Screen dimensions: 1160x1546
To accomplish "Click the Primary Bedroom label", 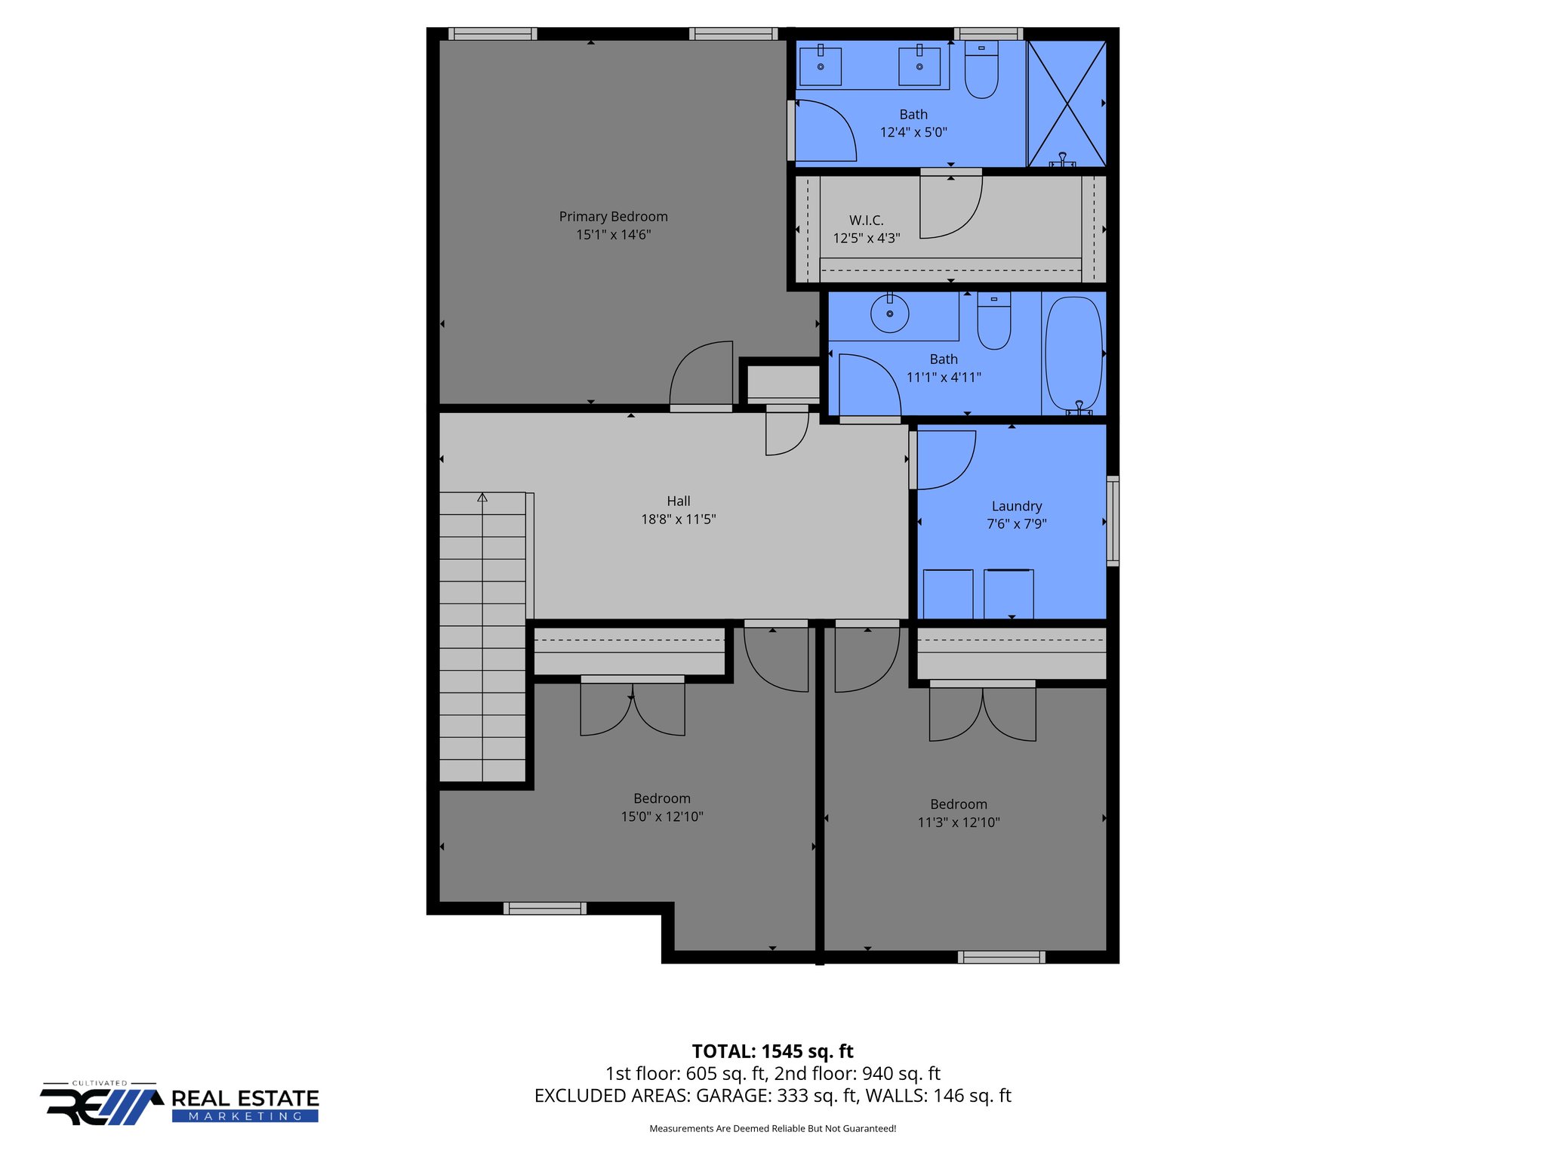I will (x=613, y=217).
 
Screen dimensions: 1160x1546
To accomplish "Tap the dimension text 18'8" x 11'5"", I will (x=678, y=520).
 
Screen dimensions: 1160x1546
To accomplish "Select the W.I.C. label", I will (x=866, y=221).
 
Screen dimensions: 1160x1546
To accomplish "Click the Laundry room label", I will (x=1016, y=506).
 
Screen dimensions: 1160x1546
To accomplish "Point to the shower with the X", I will (x=1066, y=103).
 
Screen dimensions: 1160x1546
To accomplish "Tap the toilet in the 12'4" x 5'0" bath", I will (x=981, y=72).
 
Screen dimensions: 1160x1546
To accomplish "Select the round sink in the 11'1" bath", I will (x=890, y=313).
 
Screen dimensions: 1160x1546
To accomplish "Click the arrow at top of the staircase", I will (x=482, y=498).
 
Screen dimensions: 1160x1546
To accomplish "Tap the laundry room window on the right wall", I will (x=1113, y=521).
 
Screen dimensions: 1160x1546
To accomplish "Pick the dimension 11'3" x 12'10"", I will (x=958, y=822).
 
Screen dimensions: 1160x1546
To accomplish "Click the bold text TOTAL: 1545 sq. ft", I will (x=772, y=1051).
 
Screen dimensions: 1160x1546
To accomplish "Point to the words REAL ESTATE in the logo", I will (x=245, y=1098).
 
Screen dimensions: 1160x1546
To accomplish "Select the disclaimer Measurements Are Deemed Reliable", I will (x=772, y=1129).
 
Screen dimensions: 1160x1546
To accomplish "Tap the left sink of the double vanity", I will (x=821, y=66).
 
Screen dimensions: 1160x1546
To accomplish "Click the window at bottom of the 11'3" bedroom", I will (x=1001, y=957).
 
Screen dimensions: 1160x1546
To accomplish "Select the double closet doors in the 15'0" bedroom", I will (x=633, y=707).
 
